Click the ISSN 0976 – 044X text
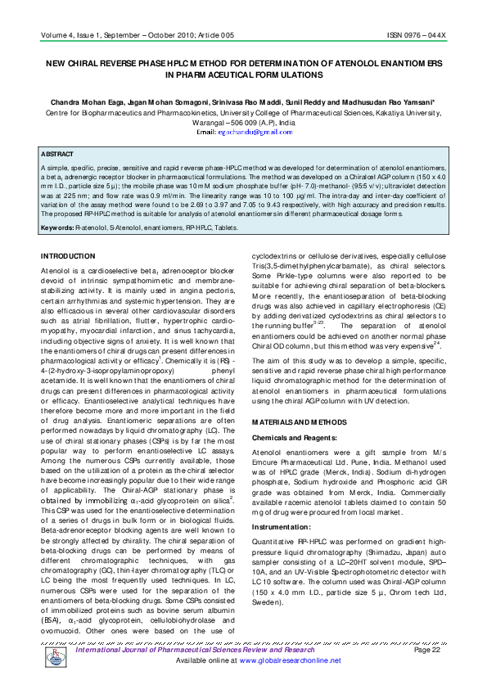[x=417, y=36]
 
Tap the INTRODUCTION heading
[x=68, y=256]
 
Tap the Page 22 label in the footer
[x=427, y=650]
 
